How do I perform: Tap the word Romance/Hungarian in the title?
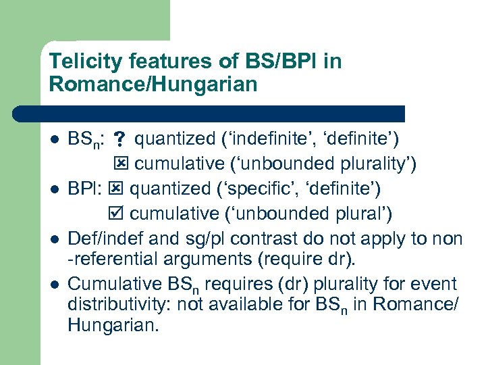(153, 85)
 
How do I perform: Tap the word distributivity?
(119, 304)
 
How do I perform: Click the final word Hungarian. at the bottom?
(113, 326)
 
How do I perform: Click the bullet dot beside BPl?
(55, 190)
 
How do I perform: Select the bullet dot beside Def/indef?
(55, 239)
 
